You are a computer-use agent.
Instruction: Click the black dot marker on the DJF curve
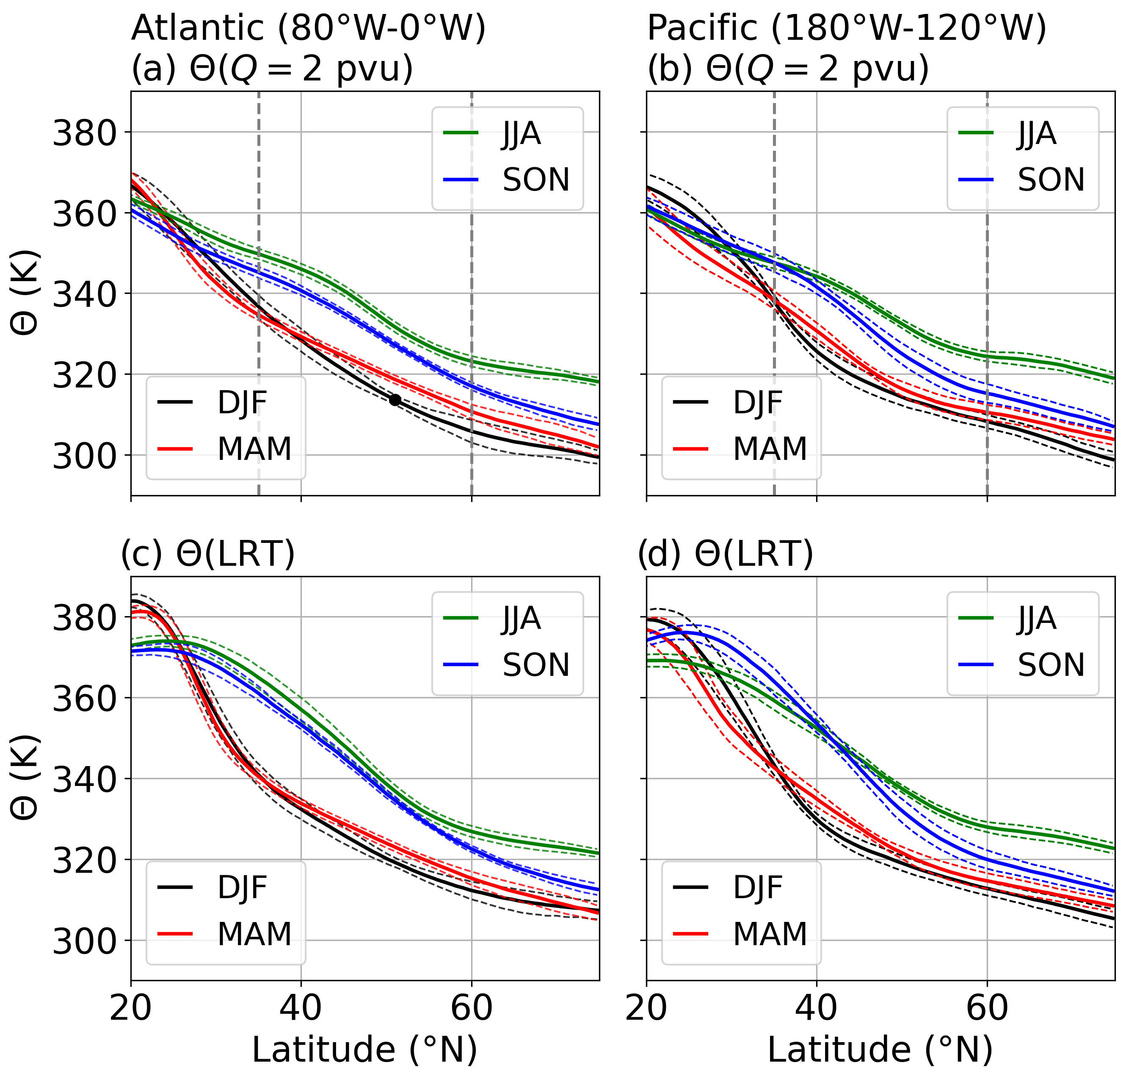[395, 399]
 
